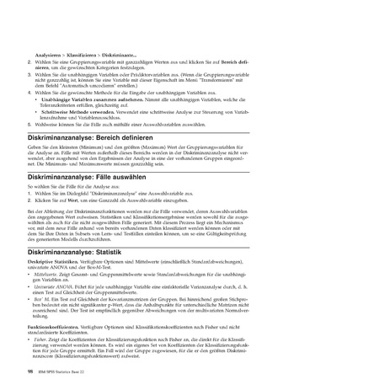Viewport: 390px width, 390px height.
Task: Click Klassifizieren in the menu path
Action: (x=86, y=52)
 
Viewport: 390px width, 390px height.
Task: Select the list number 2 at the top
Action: (x=29, y=61)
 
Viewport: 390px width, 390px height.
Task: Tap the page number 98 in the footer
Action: (x=29, y=369)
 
